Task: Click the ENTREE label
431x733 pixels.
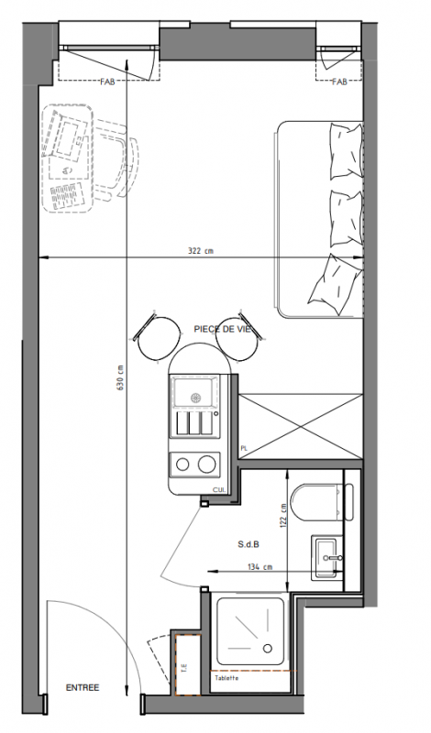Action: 83,688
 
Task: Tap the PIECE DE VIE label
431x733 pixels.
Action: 222,329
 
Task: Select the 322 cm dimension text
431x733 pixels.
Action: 200,250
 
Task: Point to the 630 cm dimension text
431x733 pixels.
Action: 120,377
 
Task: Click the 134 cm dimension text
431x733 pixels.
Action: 260,567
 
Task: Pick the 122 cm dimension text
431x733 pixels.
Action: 282,516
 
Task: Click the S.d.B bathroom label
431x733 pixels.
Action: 249,544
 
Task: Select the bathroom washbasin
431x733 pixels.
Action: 327,557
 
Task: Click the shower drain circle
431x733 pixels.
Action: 268,648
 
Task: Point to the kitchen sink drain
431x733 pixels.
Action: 195,398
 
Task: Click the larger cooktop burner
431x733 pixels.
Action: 206,465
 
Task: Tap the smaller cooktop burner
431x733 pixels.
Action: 182,465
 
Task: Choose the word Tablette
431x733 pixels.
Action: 227,678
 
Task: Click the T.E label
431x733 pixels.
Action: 184,669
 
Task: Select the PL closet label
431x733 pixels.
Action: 244,448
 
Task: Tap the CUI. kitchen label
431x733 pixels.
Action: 219,489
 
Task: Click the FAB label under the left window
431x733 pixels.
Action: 107,82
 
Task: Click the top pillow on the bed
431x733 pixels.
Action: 347,150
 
